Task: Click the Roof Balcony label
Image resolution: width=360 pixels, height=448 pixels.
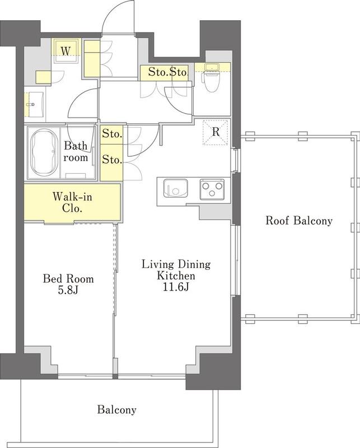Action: tap(299, 221)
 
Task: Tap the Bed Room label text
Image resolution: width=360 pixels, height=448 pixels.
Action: tap(68, 278)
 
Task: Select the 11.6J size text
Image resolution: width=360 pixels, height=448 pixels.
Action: tap(176, 287)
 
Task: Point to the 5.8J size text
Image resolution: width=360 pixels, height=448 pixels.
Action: tap(68, 290)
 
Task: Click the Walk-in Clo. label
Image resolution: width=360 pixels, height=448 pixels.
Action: tap(72, 202)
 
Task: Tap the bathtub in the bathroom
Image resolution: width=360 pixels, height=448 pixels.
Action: tap(44, 153)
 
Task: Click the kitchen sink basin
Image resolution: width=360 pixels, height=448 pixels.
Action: tap(175, 188)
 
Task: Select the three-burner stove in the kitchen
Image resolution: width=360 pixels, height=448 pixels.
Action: tap(212, 189)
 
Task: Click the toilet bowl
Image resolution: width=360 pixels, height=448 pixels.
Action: tap(211, 82)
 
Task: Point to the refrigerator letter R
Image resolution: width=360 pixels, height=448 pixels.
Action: tap(216, 132)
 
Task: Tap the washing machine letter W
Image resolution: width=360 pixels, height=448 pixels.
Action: tap(66, 52)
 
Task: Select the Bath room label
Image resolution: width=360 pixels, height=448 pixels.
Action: tap(76, 151)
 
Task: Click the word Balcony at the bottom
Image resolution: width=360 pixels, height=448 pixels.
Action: tap(116, 410)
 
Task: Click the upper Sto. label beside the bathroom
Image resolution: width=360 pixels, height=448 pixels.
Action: tap(113, 133)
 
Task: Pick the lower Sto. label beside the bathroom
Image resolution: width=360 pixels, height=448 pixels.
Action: tap(113, 160)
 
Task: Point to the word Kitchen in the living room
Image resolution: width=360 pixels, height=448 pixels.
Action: tap(176, 276)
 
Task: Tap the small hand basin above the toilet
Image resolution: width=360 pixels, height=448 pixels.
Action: tap(212, 67)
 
